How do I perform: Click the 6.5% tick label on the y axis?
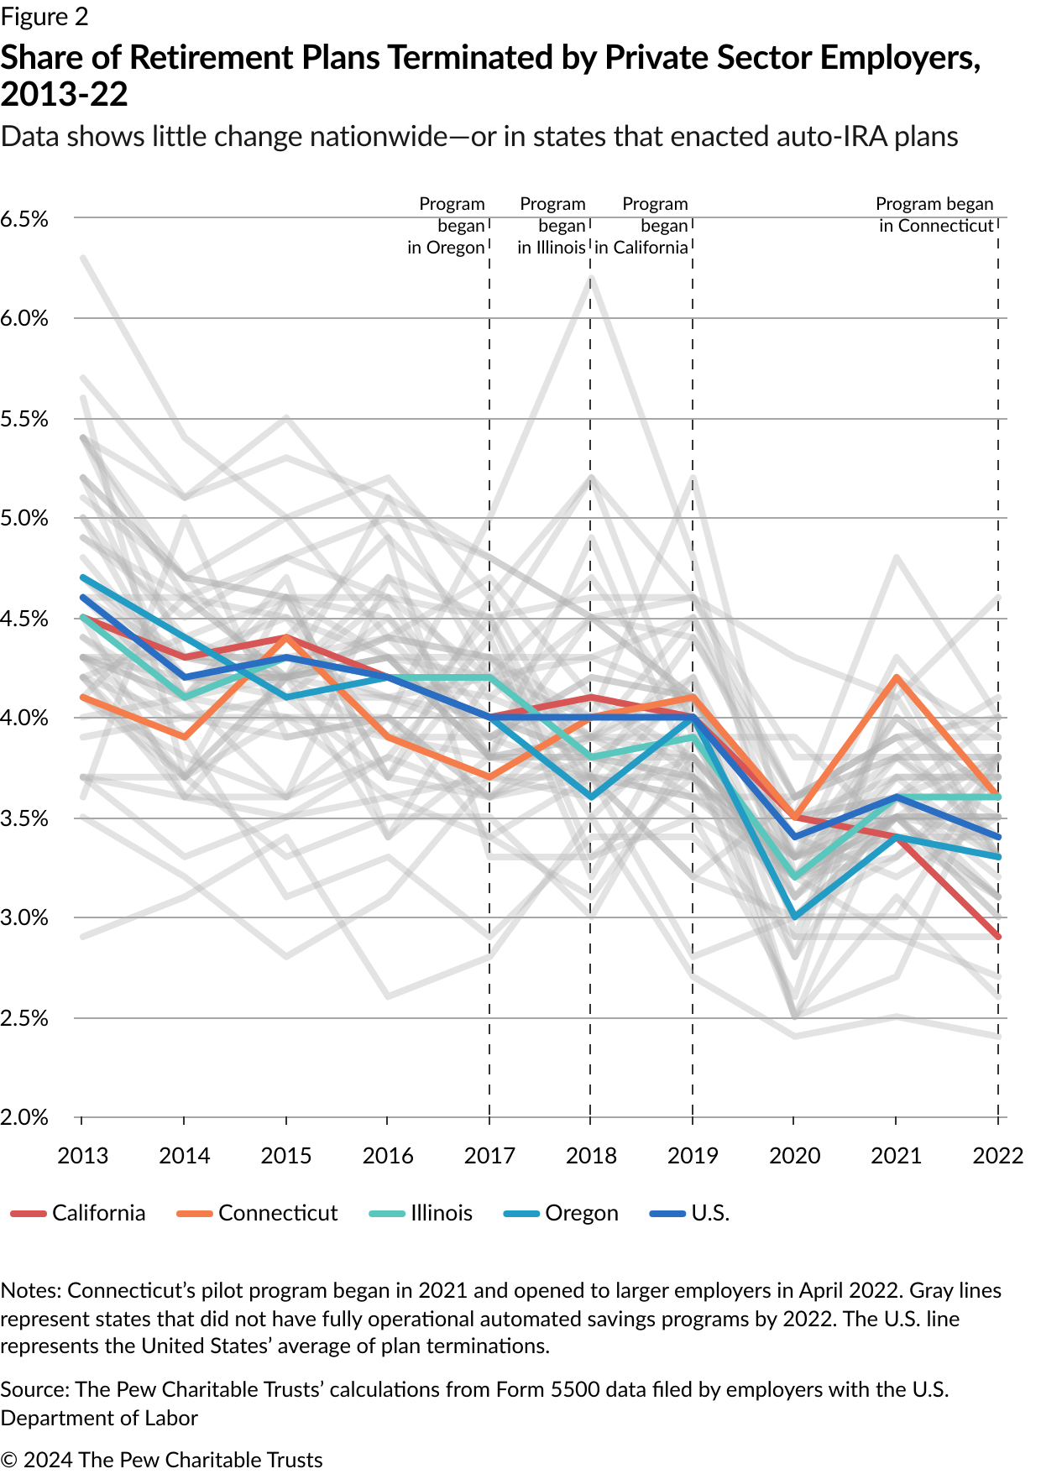point(24,219)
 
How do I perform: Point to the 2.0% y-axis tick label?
point(24,1117)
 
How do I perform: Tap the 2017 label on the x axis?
point(489,1156)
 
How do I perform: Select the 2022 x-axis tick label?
point(997,1156)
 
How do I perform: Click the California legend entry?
point(79,1213)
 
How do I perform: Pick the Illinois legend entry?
point(422,1213)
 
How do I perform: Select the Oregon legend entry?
point(562,1213)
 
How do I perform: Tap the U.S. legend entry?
point(690,1213)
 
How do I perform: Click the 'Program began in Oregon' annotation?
point(448,226)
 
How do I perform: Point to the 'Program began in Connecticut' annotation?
point(935,215)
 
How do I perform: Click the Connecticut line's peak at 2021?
point(897,677)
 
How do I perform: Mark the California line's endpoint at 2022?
point(998,937)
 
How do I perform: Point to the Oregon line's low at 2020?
point(794,917)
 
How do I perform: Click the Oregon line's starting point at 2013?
point(82,578)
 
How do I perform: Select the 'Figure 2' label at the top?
point(44,17)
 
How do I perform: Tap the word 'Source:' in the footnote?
point(34,1389)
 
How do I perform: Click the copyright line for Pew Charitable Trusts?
point(161,1460)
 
